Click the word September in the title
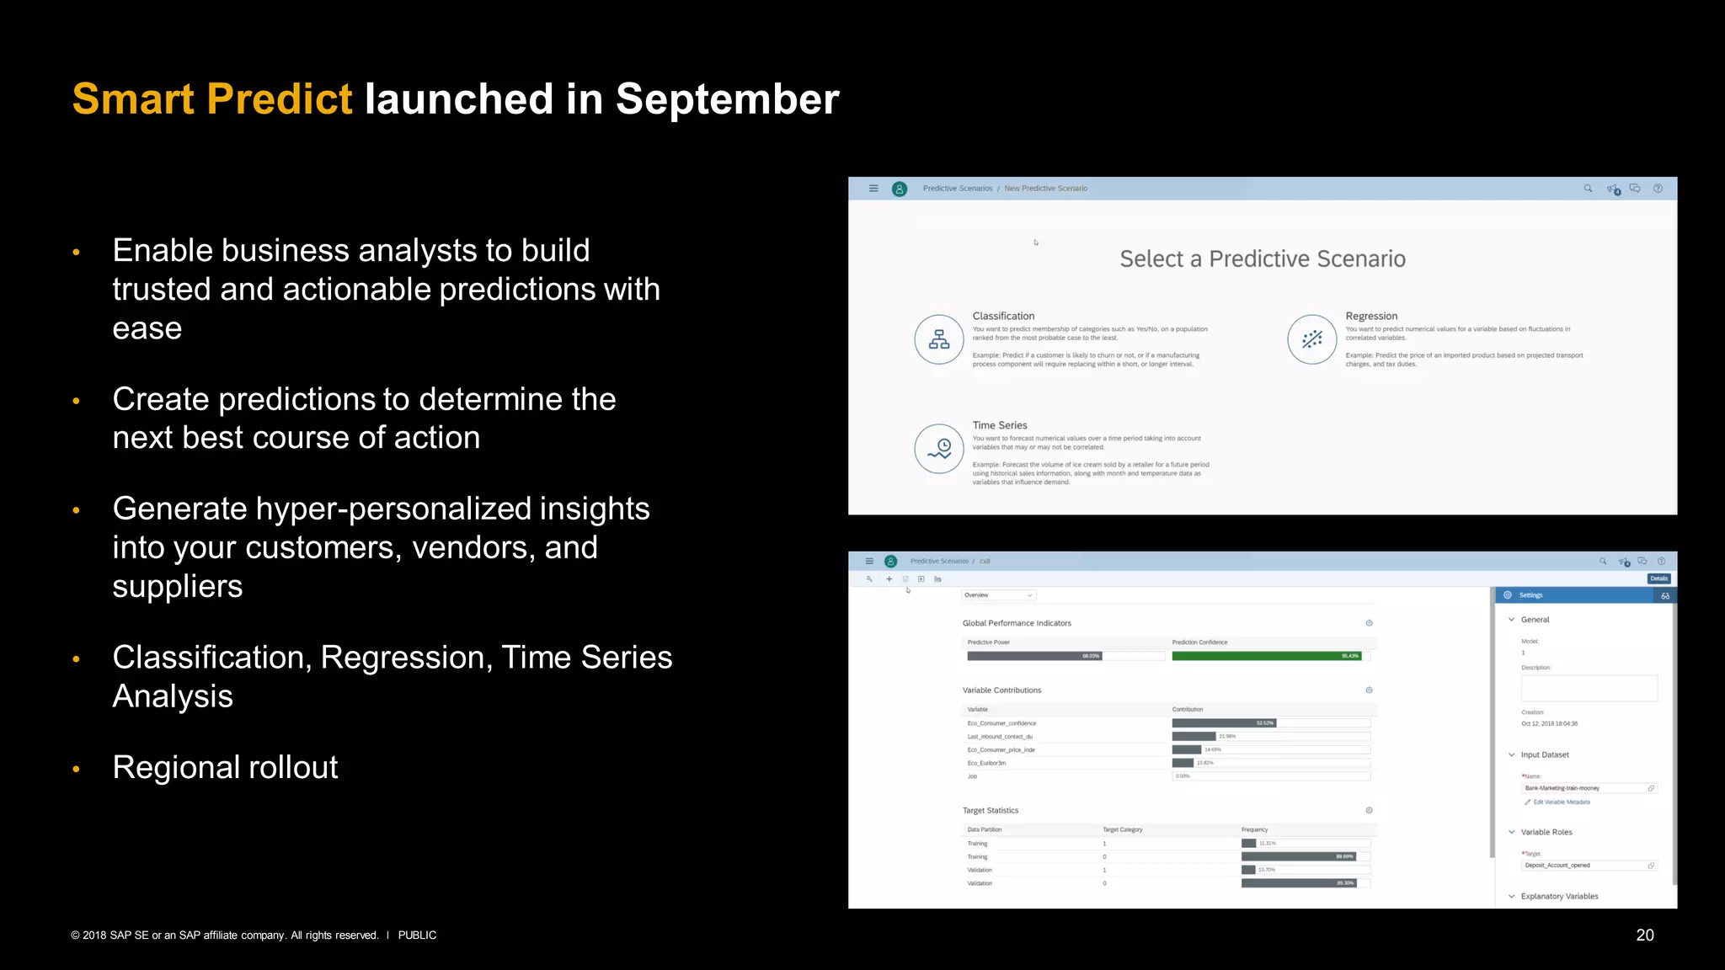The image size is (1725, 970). pyautogui.click(x=727, y=99)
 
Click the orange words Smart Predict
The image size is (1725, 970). pyautogui.click(x=212, y=99)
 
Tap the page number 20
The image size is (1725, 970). pyautogui.click(x=1644, y=935)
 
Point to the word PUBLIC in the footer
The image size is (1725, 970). pyautogui.click(x=417, y=935)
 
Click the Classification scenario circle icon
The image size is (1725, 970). pyautogui.click(x=939, y=339)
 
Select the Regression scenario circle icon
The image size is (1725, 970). pyautogui.click(x=1311, y=339)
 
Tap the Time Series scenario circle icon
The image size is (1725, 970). pyautogui.click(x=939, y=449)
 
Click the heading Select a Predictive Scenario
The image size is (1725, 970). pyautogui.click(x=1262, y=258)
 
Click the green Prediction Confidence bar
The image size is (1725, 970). pyautogui.click(x=1266, y=656)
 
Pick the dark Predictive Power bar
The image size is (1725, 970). pyautogui.click(x=1033, y=656)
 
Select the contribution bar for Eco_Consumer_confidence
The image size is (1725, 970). pyautogui.click(x=1224, y=723)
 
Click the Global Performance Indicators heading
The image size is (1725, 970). pyautogui.click(x=1017, y=623)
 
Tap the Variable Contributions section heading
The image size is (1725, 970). pyautogui.click(x=1001, y=690)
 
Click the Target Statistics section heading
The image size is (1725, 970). pyautogui.click(x=991, y=810)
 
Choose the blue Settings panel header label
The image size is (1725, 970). pyautogui.click(x=1530, y=595)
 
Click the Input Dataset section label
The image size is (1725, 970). pyautogui.click(x=1544, y=754)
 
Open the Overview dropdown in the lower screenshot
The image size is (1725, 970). pyautogui.click(x=998, y=595)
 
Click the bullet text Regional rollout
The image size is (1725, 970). pyautogui.click(x=225, y=767)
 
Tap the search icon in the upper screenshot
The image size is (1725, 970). pyautogui.click(x=1588, y=189)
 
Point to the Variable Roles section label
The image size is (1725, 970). pyautogui.click(x=1546, y=832)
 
